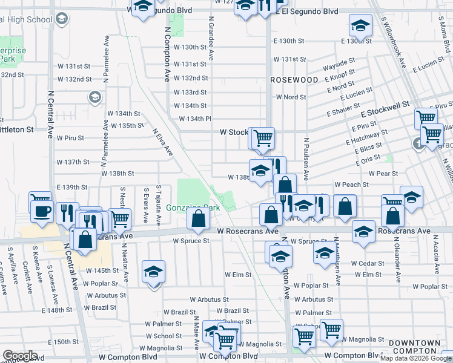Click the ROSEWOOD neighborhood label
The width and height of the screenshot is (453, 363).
coord(294,80)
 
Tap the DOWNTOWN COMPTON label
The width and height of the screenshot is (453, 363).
coord(415,347)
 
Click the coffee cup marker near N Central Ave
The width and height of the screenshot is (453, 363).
coord(42,211)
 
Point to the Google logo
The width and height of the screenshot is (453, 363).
coord(21,356)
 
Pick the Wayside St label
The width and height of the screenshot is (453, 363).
coord(339,63)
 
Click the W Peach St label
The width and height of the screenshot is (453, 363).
coord(351,185)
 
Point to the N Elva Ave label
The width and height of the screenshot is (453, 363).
coord(162,141)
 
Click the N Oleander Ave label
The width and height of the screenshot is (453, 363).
coord(398,260)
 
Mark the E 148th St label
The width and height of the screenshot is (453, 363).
coord(57,310)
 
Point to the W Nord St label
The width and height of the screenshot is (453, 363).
coord(291,97)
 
